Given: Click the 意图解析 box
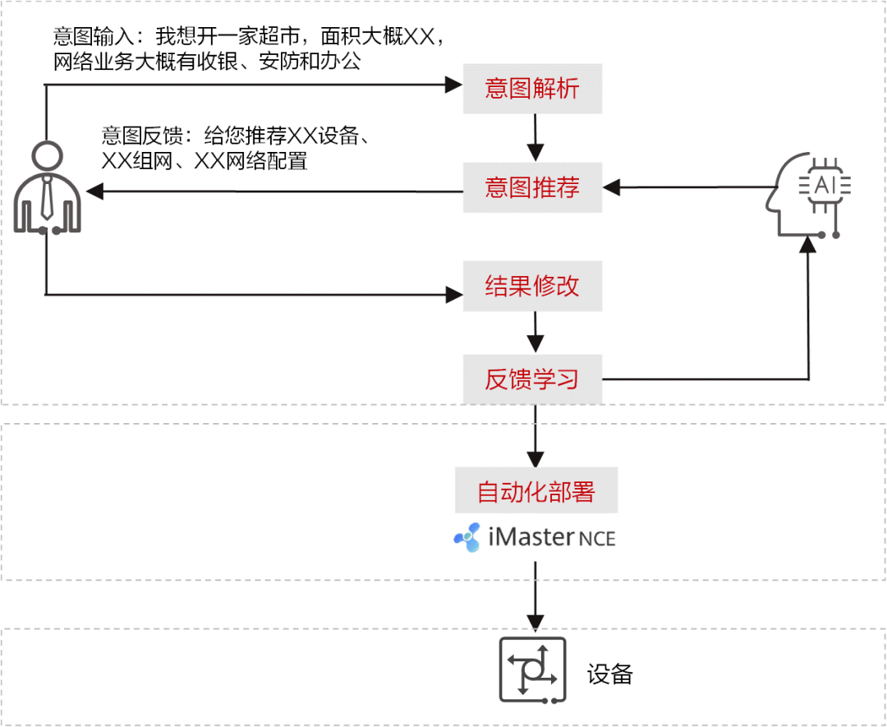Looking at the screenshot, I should click(x=532, y=89).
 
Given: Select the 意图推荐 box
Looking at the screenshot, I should click(x=532, y=188).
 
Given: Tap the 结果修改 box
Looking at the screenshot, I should click(x=532, y=286).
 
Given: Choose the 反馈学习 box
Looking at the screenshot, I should click(x=532, y=379).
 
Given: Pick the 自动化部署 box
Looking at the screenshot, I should click(x=536, y=492).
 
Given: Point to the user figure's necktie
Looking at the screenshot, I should click(x=47, y=197).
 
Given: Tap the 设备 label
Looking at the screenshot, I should click(x=610, y=674).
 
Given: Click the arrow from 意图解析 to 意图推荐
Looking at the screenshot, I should click(x=535, y=137).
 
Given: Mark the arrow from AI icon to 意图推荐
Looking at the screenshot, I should click(x=690, y=188).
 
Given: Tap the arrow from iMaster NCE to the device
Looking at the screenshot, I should click(x=535, y=596).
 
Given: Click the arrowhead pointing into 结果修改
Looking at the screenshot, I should click(x=453, y=293).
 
